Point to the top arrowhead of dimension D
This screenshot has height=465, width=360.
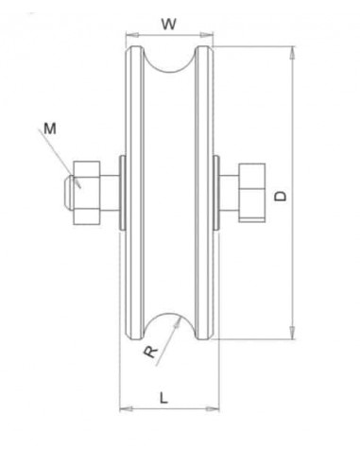tap(293, 50)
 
